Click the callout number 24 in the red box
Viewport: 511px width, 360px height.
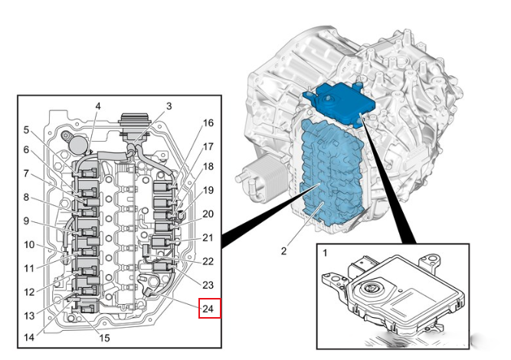click(x=208, y=308)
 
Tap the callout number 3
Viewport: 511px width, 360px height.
click(x=169, y=106)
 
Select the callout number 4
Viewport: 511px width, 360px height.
click(x=98, y=106)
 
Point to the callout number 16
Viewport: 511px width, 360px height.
click(x=208, y=123)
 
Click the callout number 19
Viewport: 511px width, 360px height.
click(x=208, y=190)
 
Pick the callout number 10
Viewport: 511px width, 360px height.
click(x=29, y=244)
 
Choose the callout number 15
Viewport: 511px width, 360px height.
click(x=104, y=338)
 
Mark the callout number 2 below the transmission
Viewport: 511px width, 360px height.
click(x=283, y=251)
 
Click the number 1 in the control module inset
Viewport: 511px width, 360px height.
click(x=325, y=253)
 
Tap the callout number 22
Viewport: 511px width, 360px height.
click(x=208, y=261)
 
